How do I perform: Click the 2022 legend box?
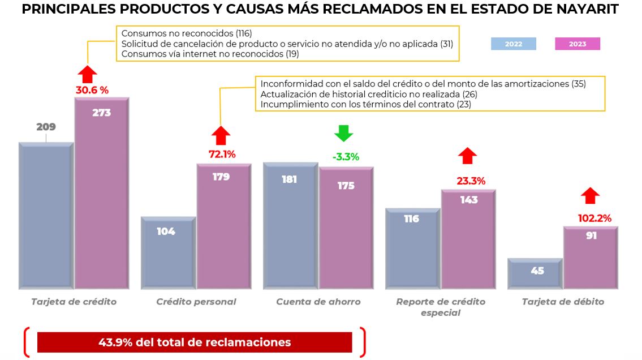point(514,44)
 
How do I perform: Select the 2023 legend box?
point(577,44)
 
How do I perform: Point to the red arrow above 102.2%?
point(591,196)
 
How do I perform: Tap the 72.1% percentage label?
point(222,154)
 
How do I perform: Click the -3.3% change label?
point(345,157)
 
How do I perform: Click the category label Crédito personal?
point(196,302)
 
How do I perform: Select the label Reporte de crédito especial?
point(441,307)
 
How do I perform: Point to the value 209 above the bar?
point(46,127)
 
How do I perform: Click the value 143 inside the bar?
point(468,200)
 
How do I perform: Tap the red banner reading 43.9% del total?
point(195,342)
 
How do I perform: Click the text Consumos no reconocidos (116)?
point(186,33)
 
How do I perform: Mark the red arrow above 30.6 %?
point(88,74)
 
